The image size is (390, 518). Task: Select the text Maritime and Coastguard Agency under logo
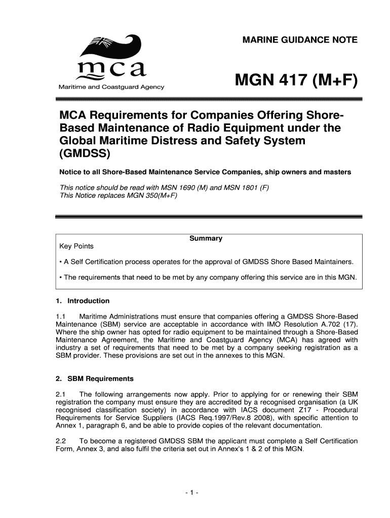point(110,87)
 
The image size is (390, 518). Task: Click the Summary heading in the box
point(206,238)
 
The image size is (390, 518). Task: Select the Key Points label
point(76,246)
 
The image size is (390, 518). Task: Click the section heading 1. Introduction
point(83,301)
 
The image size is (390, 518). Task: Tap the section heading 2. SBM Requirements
point(94,378)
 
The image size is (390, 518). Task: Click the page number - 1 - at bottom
point(194,492)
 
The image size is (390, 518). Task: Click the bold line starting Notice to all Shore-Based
point(205,172)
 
